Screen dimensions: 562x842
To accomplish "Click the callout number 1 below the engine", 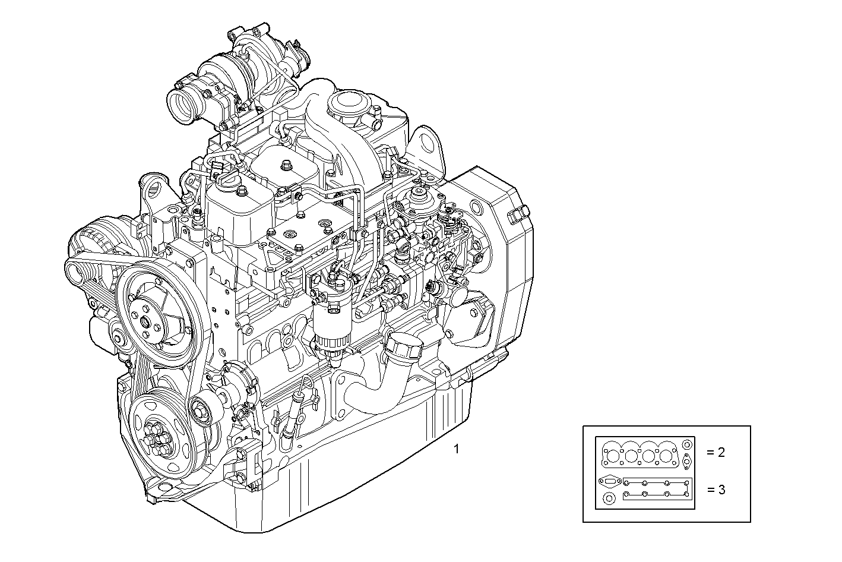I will pyautogui.click(x=456, y=449).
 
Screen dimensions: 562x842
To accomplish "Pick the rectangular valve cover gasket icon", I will pyautogui.click(x=657, y=489).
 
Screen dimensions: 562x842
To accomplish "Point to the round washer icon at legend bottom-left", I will pyautogui.click(x=609, y=499).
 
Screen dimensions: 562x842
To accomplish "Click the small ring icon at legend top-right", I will pyautogui.click(x=686, y=444).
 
